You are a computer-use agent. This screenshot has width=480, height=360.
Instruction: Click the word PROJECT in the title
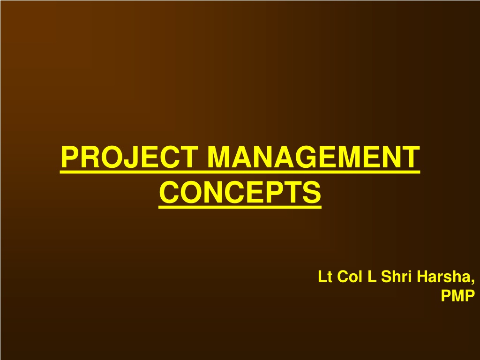(129, 157)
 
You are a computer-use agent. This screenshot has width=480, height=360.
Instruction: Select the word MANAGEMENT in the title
(314, 157)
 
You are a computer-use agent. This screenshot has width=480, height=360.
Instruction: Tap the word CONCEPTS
(240, 192)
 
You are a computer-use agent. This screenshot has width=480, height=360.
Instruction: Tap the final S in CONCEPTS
(312, 192)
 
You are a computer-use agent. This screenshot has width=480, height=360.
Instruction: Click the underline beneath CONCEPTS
(240, 208)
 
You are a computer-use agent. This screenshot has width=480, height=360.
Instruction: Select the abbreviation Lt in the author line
(325, 277)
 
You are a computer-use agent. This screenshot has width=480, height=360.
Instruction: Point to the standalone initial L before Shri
(372, 277)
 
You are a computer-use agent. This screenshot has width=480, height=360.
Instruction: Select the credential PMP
(458, 295)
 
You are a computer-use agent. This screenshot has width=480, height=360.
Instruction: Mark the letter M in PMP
(458, 295)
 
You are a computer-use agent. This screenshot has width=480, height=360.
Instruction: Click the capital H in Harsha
(422, 277)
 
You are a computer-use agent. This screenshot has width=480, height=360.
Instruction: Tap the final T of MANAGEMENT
(410, 157)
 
